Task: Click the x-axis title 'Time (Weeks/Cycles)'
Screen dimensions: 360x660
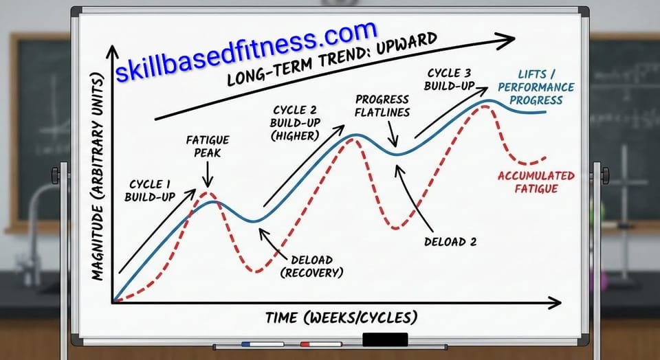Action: point(341,317)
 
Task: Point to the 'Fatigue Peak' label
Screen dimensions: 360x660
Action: point(208,146)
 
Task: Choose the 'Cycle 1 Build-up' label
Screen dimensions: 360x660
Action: point(150,190)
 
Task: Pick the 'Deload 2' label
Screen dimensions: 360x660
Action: point(450,241)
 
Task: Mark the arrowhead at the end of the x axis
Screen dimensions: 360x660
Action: point(556,301)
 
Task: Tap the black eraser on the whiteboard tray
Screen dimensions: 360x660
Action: point(385,339)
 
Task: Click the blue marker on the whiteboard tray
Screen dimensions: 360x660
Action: point(262,344)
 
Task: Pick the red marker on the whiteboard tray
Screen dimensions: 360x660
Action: point(321,344)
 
